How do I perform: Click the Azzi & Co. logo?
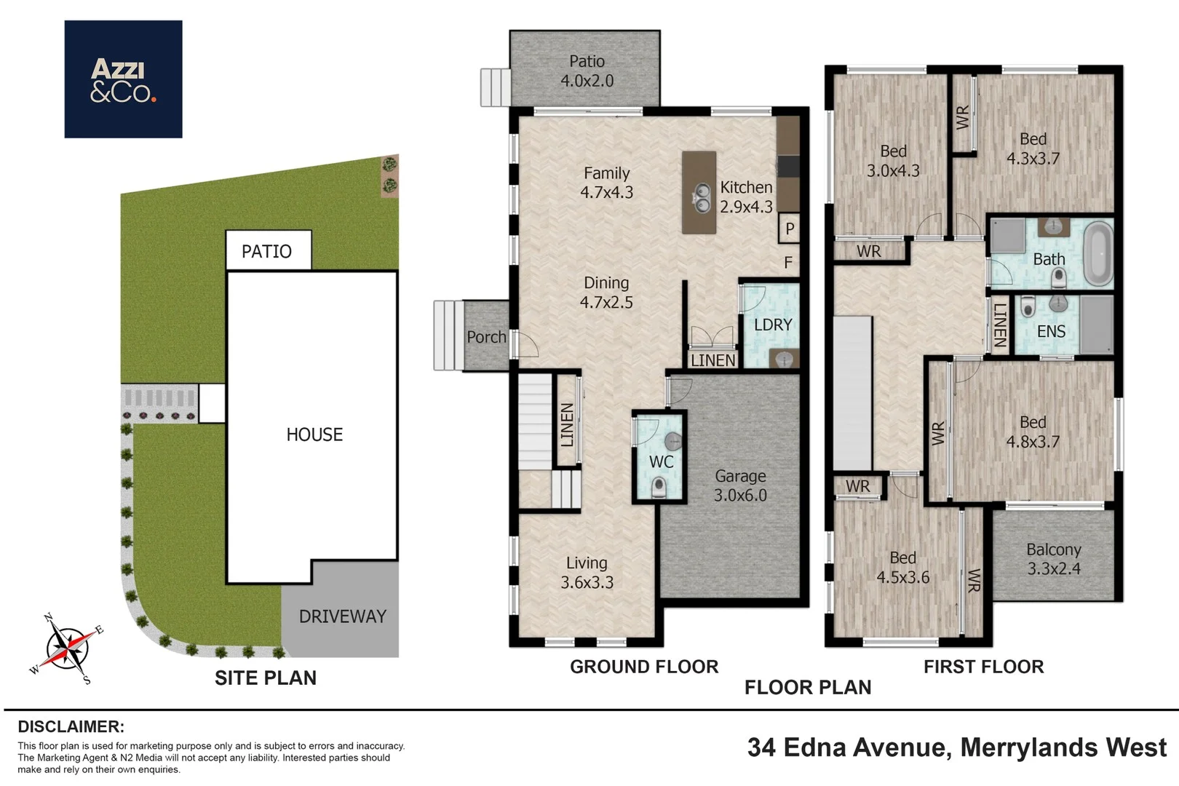(x=123, y=79)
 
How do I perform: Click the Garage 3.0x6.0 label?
(x=740, y=485)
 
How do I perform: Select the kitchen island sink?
(x=702, y=198)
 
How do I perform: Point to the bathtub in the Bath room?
(x=1100, y=253)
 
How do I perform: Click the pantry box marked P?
(x=789, y=228)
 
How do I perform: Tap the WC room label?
(x=661, y=461)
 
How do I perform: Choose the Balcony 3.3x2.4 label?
(x=1054, y=559)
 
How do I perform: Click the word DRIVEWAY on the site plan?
(x=343, y=616)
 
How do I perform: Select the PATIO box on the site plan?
(x=269, y=250)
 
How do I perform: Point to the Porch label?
(x=486, y=337)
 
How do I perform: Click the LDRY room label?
(x=773, y=325)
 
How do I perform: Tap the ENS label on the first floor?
(x=1051, y=331)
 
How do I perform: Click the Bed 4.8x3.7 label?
(x=1033, y=432)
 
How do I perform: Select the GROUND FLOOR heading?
(x=644, y=667)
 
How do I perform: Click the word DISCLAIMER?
(x=71, y=726)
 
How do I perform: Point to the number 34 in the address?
(x=761, y=747)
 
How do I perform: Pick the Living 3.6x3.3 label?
(x=587, y=573)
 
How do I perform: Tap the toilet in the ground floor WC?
(x=658, y=487)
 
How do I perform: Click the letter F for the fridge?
(x=788, y=262)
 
